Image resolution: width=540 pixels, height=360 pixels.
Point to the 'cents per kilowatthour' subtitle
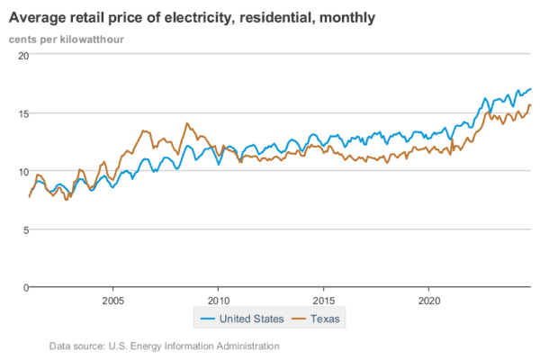point(67,40)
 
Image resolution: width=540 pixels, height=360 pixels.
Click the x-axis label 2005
point(112,301)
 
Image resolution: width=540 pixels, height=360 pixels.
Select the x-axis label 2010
point(218,301)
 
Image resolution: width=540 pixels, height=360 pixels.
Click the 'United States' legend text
point(254,319)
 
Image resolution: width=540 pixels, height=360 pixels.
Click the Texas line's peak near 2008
point(187,123)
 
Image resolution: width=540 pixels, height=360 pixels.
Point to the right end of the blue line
point(530,88)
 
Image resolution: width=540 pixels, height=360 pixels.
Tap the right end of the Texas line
point(530,105)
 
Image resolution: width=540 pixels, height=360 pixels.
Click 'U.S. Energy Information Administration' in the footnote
point(193,346)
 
